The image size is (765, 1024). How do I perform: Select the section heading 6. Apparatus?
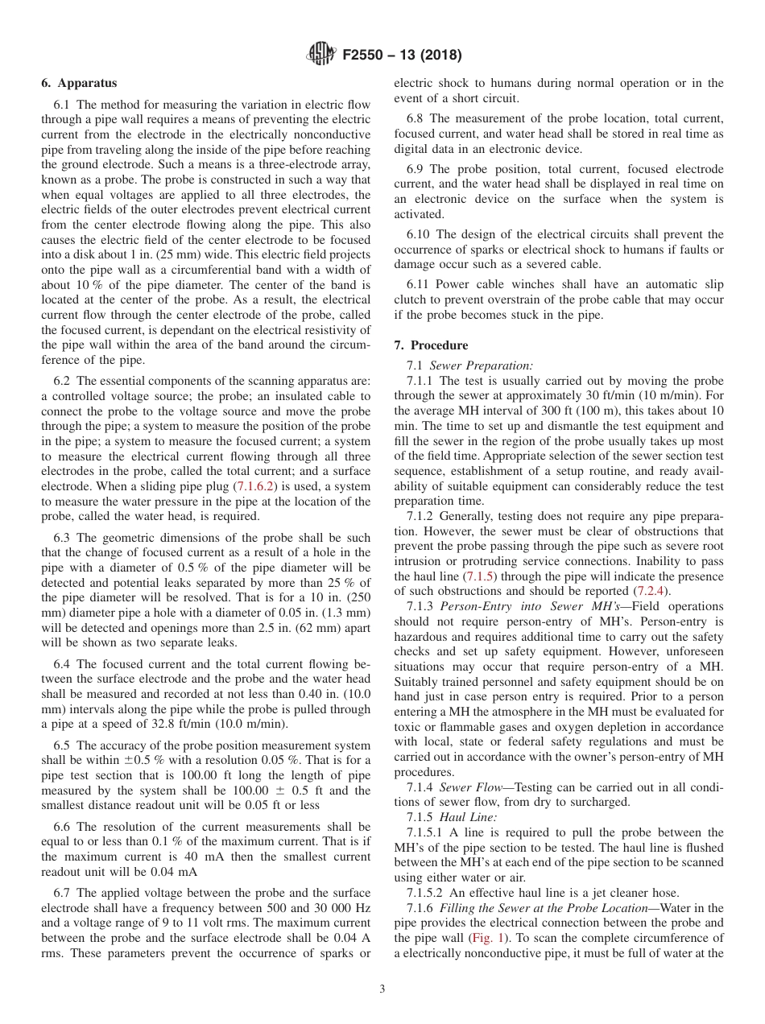(x=79, y=83)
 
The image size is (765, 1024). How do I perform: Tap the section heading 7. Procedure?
(x=431, y=345)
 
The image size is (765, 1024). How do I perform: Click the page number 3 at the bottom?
(x=382, y=989)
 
